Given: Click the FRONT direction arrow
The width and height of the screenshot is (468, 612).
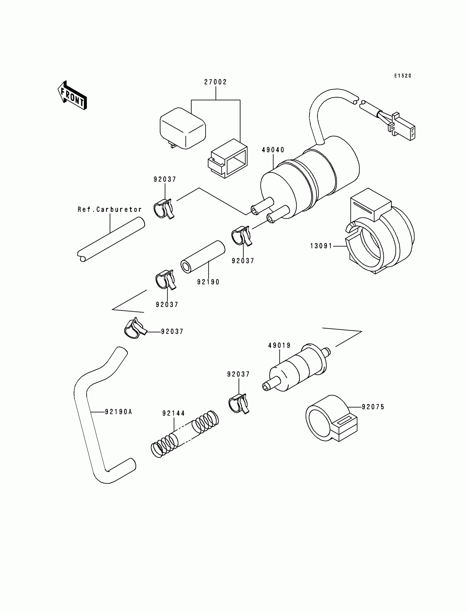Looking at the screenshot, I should tap(72, 96).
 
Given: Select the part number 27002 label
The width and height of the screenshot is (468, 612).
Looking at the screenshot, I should tap(215, 82).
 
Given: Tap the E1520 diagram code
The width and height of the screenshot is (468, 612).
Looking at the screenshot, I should tap(402, 76).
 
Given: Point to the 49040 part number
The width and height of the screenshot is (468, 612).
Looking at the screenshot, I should tap(273, 150).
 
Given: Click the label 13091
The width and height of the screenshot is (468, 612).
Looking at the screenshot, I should tap(321, 246).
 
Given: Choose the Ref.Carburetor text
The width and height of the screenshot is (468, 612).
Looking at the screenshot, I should tap(110, 210).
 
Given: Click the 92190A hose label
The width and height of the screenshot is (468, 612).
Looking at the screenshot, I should tap(118, 412).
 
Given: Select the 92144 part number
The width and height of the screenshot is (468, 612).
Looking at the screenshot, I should tap(173, 414).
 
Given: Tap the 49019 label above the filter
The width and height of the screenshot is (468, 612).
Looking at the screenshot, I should tap(279, 346).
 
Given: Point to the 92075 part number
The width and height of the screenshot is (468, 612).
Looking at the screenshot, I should tap(373, 407).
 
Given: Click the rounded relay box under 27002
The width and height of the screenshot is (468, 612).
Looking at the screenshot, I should tap(183, 128).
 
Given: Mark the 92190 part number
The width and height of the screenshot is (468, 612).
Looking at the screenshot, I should tap(208, 282).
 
